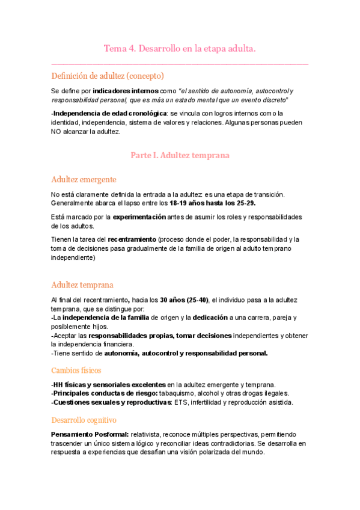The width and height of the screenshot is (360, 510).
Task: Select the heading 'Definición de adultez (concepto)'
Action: point(108,76)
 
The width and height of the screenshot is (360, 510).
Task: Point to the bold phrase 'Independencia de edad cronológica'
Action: point(93,113)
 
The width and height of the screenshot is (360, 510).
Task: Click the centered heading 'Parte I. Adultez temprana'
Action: point(180,155)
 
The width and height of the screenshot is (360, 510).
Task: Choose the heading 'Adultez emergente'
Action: point(84,179)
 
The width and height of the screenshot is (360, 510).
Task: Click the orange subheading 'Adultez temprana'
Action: point(82,284)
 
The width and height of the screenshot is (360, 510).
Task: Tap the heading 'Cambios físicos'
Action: point(76,370)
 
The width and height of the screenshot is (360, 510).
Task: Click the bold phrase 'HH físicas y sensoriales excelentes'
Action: point(109,385)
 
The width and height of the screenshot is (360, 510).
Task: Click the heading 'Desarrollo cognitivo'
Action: point(84,419)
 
